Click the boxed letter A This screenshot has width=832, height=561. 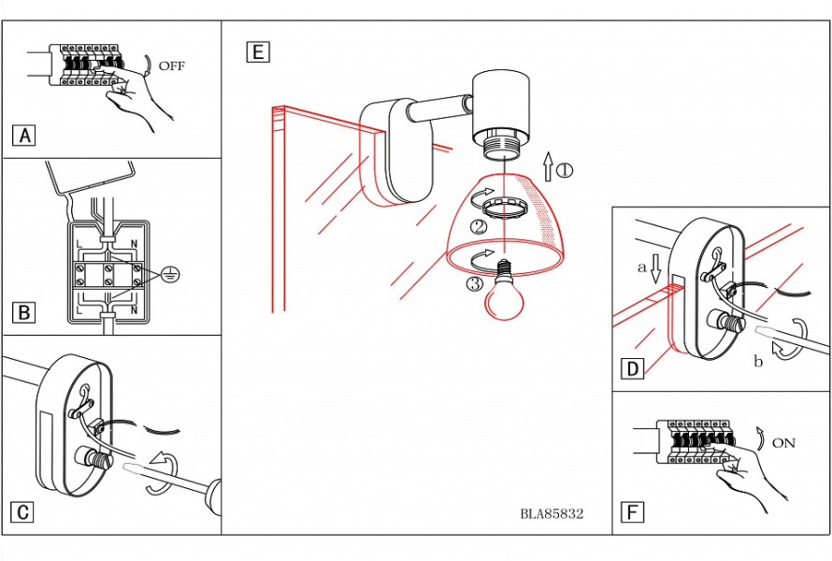[x=25, y=136]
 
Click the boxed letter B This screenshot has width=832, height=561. [x=25, y=312]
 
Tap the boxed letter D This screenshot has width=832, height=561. [x=633, y=369]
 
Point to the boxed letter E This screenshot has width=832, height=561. [x=257, y=51]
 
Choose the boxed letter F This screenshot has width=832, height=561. [x=633, y=512]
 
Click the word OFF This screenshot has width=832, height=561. [x=172, y=66]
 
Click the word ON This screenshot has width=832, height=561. [x=783, y=443]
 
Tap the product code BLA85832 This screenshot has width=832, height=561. [x=552, y=513]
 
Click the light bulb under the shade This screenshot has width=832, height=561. [x=505, y=295]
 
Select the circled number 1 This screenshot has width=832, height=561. [x=565, y=170]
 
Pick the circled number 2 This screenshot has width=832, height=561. [x=479, y=226]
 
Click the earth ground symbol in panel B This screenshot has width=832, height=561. [x=169, y=274]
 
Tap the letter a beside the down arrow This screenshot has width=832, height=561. [x=641, y=266]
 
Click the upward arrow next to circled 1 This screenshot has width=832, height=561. [x=548, y=167]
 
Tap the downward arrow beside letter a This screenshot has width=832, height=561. [x=656, y=268]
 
